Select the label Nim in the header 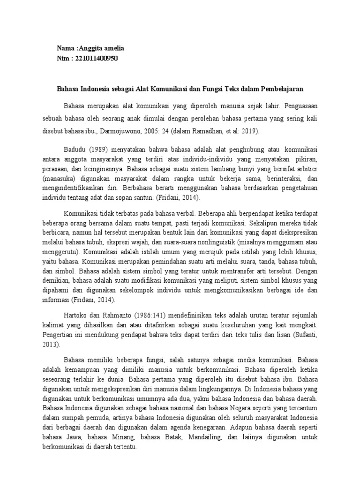tap(63, 58)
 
